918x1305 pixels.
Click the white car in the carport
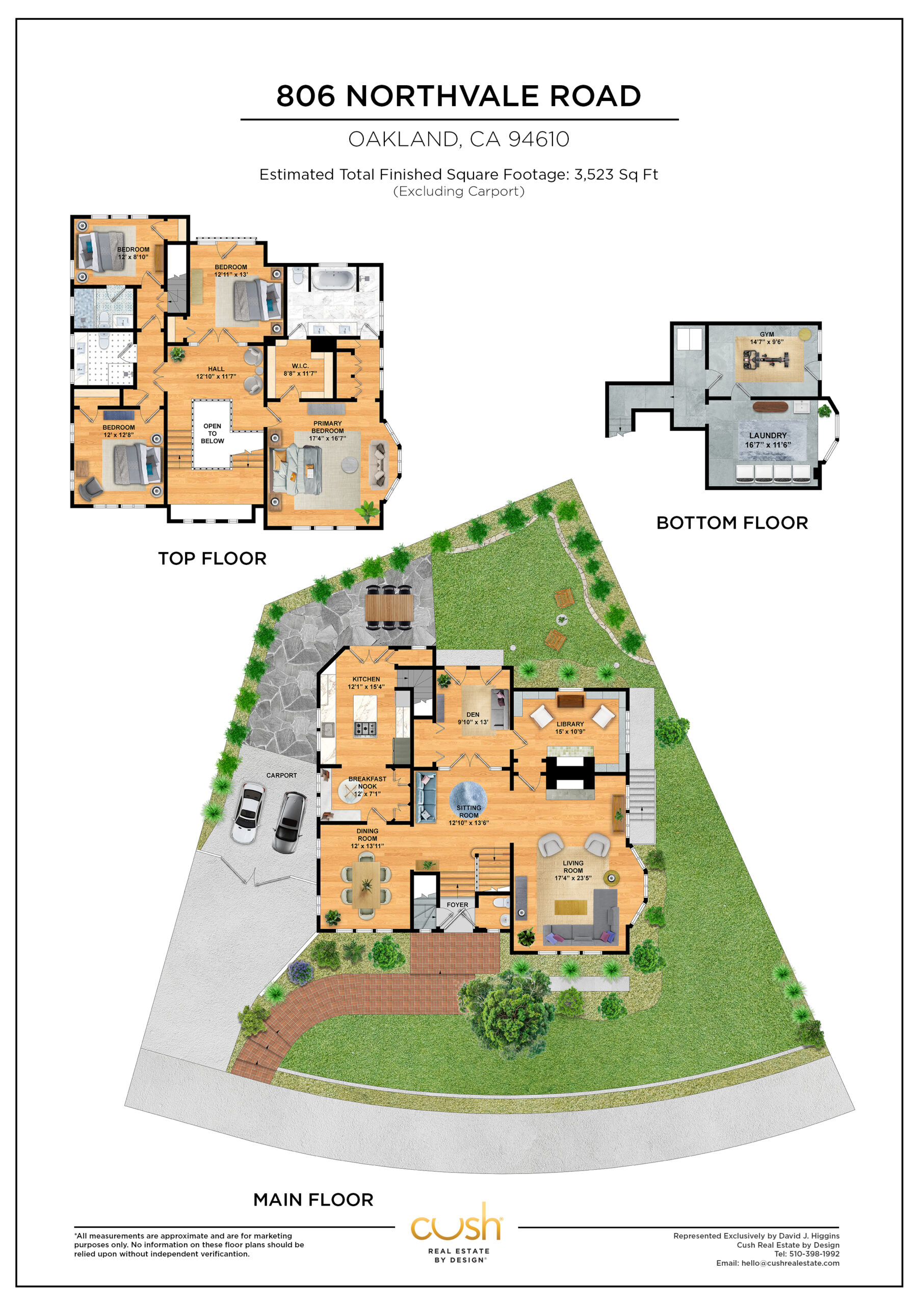pyautogui.click(x=248, y=813)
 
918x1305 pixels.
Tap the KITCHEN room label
pyautogui.click(x=366, y=679)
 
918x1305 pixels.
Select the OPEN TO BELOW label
pyautogui.click(x=212, y=433)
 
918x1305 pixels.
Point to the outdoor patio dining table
pyautogui.click(x=389, y=607)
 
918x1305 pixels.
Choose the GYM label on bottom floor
pyautogui.click(x=767, y=334)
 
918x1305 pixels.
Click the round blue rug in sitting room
pyautogui.click(x=468, y=800)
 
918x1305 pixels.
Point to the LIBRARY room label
pyautogui.click(x=570, y=724)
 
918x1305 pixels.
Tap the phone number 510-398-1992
pyautogui.click(x=814, y=1254)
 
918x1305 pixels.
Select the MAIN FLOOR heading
pyautogui.click(x=313, y=1200)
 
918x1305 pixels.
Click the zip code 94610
pyautogui.click(x=539, y=139)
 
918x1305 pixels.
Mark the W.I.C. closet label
pyautogui.click(x=300, y=366)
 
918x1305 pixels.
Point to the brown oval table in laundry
pyautogui.click(x=770, y=407)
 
